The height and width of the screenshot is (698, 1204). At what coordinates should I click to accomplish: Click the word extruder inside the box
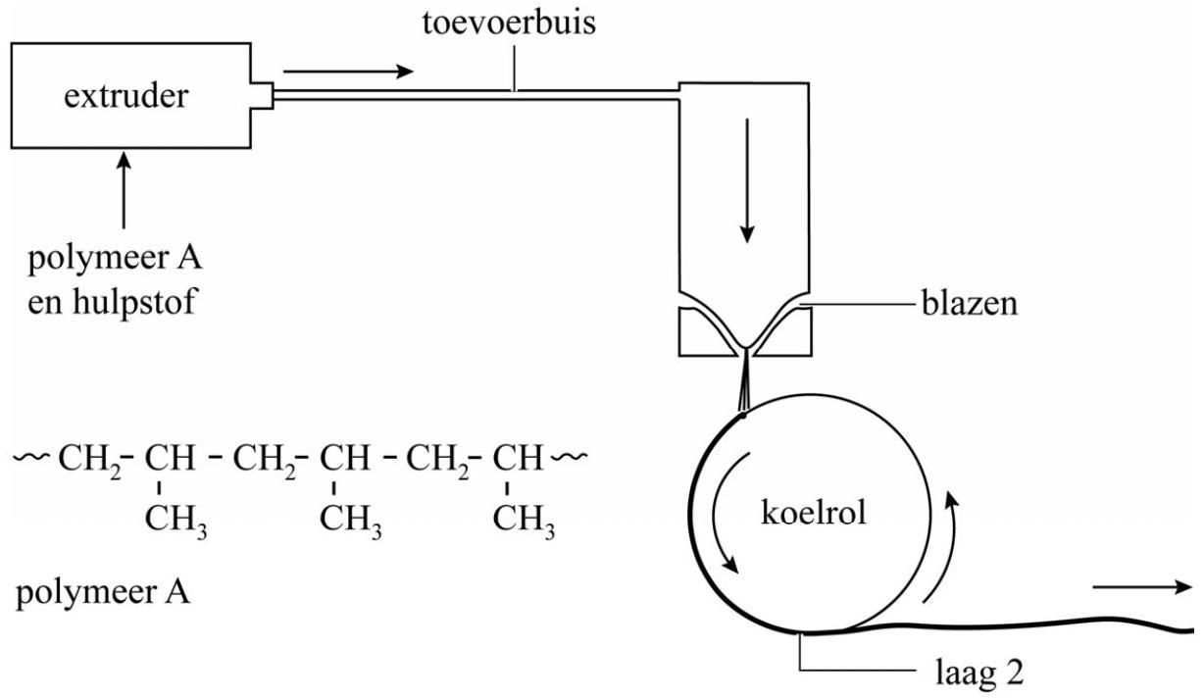[x=125, y=96]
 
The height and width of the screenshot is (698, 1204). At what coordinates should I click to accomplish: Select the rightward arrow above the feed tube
[x=348, y=71]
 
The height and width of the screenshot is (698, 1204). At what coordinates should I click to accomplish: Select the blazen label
[x=969, y=305]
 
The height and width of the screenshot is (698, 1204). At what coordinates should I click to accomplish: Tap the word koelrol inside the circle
[x=814, y=512]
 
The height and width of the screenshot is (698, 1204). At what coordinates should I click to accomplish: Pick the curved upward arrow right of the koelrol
[x=941, y=549]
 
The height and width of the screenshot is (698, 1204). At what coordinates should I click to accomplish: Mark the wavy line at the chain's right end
[x=571, y=457]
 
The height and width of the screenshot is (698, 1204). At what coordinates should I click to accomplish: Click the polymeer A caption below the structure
[x=102, y=594]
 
